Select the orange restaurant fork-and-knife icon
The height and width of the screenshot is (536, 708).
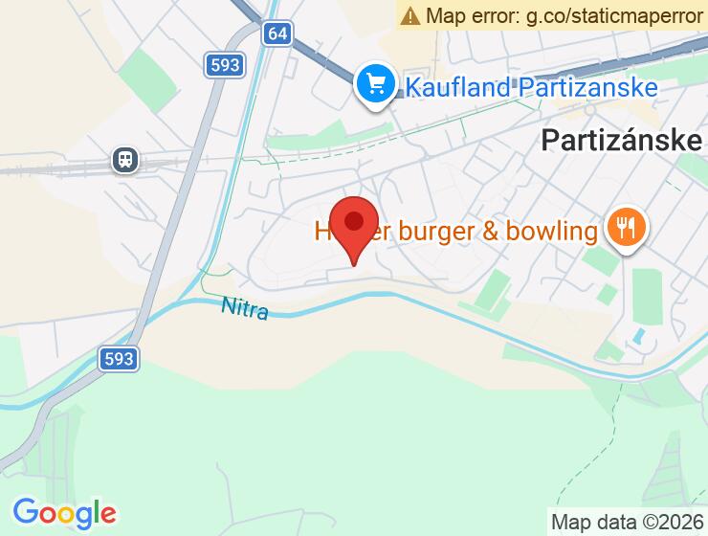(x=627, y=228)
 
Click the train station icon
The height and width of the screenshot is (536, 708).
(x=124, y=159)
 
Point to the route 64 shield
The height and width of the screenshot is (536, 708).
(x=277, y=33)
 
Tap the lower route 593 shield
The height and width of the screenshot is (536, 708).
(x=119, y=359)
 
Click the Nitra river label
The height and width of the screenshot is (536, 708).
(x=245, y=308)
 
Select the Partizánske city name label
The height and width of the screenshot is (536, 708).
(x=622, y=140)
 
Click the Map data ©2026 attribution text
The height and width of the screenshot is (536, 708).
(x=627, y=523)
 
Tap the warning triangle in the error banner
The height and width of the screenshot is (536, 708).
(x=410, y=15)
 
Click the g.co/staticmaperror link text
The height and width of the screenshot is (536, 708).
(x=611, y=15)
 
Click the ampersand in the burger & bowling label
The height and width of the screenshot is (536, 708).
(x=483, y=231)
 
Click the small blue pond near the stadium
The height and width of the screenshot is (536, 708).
(x=637, y=337)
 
